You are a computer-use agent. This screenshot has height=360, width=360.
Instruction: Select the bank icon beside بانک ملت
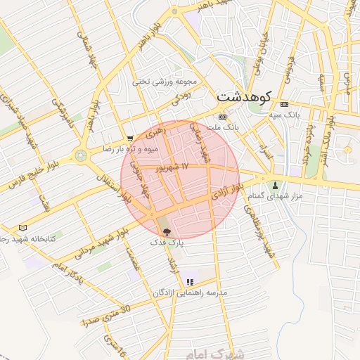point(223,117)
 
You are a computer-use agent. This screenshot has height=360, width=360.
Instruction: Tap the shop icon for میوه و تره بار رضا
point(129,139)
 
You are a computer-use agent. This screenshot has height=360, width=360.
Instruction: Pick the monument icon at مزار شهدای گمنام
point(275,186)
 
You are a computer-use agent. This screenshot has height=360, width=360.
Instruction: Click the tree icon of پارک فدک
point(166,231)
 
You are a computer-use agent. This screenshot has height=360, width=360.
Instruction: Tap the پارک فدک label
point(166,242)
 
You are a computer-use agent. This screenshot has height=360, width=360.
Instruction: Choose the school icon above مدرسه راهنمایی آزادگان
point(190,282)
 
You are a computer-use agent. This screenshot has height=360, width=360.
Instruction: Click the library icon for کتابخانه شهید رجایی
point(22,228)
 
